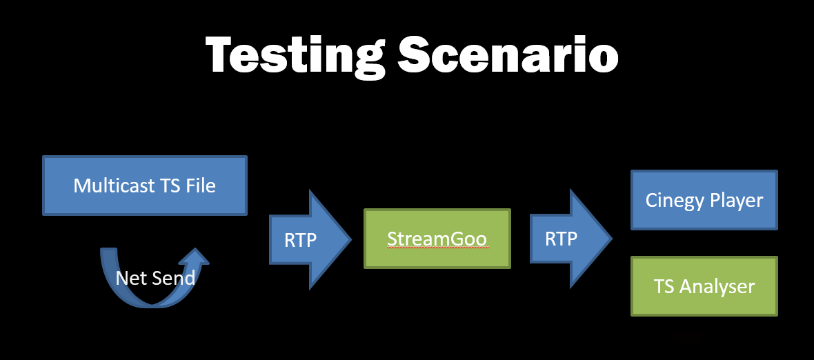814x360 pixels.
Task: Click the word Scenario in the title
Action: pos(508,54)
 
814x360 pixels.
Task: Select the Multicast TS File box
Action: pos(145,186)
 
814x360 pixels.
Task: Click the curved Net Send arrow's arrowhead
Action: pos(196,257)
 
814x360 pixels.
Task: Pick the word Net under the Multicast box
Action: pos(128,278)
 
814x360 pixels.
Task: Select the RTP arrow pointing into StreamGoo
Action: pos(310,239)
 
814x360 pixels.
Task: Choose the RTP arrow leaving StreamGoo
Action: pos(571,239)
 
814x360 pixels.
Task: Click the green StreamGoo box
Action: pos(437,239)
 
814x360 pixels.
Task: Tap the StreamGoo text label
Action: pos(437,239)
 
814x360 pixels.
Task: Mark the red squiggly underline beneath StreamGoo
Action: pos(437,248)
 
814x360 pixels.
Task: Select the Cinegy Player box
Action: pos(704,200)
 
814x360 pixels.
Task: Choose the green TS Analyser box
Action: pos(704,286)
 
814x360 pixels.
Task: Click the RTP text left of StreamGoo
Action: pos(301,239)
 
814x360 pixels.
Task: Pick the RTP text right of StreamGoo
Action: pos(562,239)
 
